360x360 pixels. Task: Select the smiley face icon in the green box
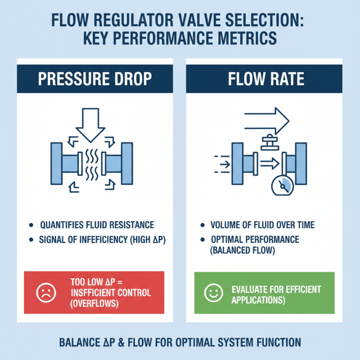pos(211,293)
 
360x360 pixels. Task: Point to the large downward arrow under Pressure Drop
pos(90,122)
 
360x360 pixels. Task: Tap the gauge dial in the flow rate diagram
pos(282,185)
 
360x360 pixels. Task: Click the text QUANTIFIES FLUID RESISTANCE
pos(97,225)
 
